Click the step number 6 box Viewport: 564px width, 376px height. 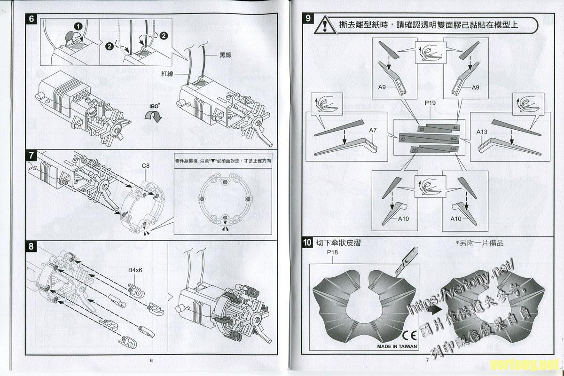[x=31, y=19]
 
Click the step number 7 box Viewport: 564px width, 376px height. [x=31, y=155]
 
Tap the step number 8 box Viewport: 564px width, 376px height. [x=31, y=246]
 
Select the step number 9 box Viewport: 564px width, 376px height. [x=307, y=19]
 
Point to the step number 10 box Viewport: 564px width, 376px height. [x=307, y=243]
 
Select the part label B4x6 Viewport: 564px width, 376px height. [x=135, y=270]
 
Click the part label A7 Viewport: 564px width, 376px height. [x=374, y=130]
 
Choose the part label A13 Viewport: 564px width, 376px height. [x=482, y=132]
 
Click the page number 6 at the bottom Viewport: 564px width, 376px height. [x=151, y=360]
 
